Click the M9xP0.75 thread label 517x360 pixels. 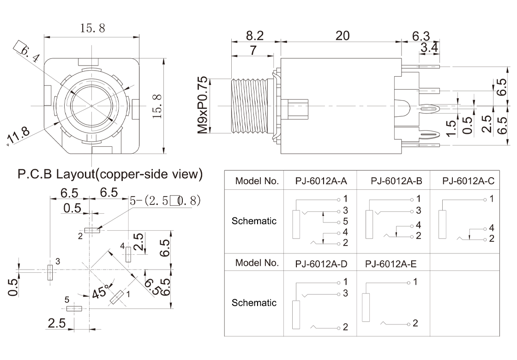pos(203,105)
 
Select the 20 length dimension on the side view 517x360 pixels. pos(343,36)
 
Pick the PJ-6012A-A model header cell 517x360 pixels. pos(321,181)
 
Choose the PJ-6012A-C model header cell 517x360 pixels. pos(468,181)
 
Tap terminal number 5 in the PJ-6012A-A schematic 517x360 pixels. pos(344,222)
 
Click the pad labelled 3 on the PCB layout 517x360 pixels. pos(49,272)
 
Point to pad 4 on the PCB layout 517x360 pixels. pos(128,254)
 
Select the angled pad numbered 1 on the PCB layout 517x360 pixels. pos(117,297)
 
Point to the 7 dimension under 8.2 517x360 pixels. pos(253,51)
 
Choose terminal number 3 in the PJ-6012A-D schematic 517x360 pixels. pos(344,294)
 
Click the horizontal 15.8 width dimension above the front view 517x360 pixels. pos(93,28)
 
